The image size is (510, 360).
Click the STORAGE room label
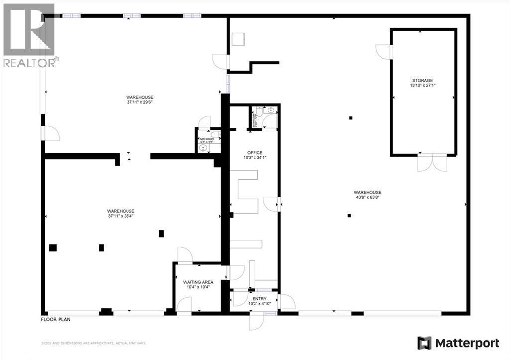[x=422, y=80]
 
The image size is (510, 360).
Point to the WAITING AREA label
[x=198, y=282]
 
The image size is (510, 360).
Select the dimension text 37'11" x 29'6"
[x=139, y=102]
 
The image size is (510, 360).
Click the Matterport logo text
[x=467, y=343]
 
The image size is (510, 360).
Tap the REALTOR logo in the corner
[x=29, y=35]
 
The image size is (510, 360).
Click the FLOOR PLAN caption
[x=55, y=319]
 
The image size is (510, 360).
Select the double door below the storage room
[x=432, y=163]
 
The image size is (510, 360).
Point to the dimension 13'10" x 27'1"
[x=422, y=85]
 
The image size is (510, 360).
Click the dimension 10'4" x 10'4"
[x=198, y=287]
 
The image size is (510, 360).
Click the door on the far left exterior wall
[x=50, y=133]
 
